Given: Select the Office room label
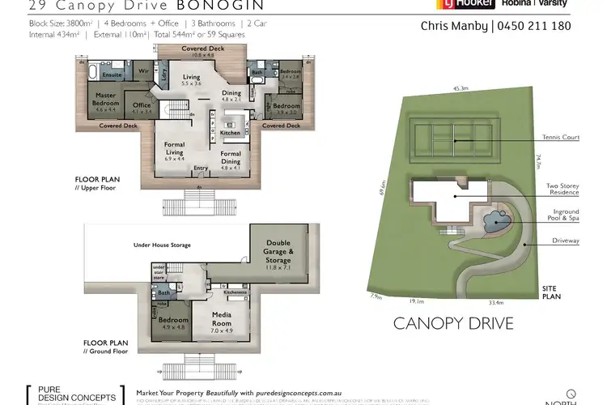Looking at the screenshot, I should point(142,109).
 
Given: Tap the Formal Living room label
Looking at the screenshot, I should point(175,151).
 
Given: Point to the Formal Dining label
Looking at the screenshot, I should point(231,157).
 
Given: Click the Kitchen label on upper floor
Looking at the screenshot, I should point(230,132).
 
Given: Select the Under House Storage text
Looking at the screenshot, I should point(162,244).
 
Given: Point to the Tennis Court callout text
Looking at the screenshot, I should point(561,139).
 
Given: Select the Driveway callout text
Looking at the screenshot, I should point(563,241).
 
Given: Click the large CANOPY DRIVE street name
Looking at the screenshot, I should point(453,324).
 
